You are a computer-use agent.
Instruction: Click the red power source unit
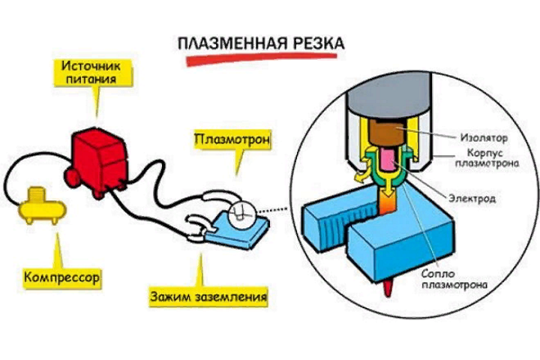click(x=97, y=158)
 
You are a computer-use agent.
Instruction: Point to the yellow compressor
click(x=38, y=205)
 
